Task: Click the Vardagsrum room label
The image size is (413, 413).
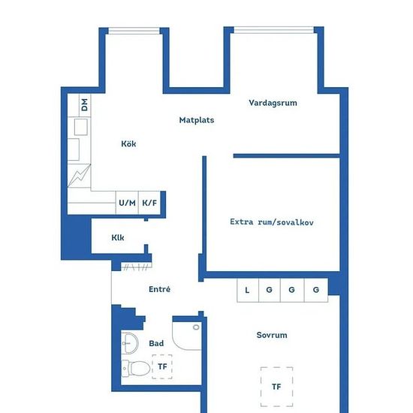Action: [x=273, y=103]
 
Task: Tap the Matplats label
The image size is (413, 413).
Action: [x=197, y=120]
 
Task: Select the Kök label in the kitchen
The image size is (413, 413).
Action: [x=128, y=143]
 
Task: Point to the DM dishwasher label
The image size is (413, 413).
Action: [x=85, y=105]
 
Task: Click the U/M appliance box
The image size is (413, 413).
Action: [x=127, y=203]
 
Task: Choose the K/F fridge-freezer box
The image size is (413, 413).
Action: [x=149, y=203]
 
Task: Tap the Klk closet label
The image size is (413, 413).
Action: [x=118, y=237]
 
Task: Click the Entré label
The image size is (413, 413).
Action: [x=159, y=289]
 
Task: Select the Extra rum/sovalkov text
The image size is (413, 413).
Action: [x=272, y=222]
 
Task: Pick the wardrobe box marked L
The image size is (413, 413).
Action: [x=248, y=290]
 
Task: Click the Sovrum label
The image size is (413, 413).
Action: [x=272, y=335]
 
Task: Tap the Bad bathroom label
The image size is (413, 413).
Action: [x=156, y=343]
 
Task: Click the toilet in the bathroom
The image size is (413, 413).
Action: [x=136, y=368]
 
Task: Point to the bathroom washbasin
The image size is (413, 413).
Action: [x=130, y=343]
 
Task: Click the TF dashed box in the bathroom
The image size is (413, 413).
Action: [x=162, y=366]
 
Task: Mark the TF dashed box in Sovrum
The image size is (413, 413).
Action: [x=276, y=387]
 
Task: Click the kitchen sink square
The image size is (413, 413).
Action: [x=81, y=127]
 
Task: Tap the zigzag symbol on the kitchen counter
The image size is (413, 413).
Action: [x=80, y=176]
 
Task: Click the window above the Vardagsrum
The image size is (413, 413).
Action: [x=274, y=30]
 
